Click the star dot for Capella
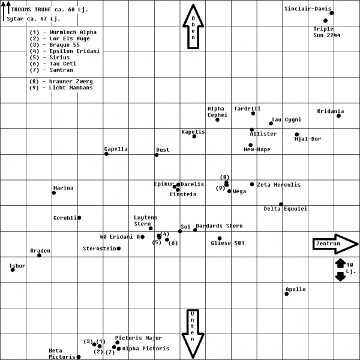click(106, 154)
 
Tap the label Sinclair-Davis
click(307, 9)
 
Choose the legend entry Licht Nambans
click(61, 88)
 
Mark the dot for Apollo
click(287, 293)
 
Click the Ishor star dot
click(13, 270)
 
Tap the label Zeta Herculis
click(279, 185)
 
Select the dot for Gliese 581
click(220, 238)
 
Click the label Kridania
click(331, 111)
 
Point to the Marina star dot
click(54, 193)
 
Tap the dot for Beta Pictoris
click(79, 357)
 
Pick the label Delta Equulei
click(286, 209)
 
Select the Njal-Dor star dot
click(297, 134)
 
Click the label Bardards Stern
click(219, 226)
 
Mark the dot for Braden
click(40, 256)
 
